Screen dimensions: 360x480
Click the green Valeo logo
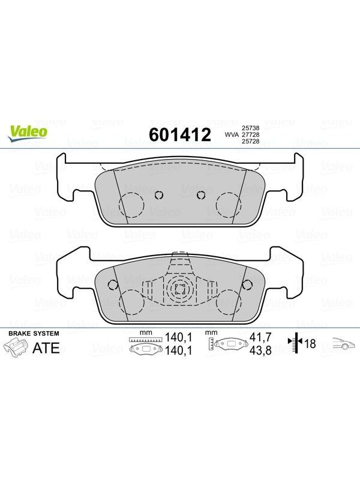28,133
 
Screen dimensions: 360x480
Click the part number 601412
180,134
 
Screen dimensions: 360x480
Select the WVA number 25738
251,128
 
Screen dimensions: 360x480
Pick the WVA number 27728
251,134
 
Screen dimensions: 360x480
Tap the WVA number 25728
251,141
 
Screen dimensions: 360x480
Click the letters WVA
232,134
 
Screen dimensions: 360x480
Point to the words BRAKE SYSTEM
34,334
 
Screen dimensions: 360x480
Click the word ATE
46,348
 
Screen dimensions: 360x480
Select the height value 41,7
260,337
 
